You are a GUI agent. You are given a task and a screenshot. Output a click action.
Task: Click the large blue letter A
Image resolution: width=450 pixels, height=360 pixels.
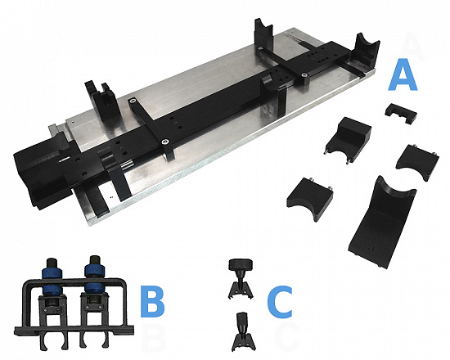(x=403, y=75)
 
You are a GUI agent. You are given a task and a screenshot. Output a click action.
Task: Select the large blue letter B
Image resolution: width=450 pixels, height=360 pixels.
(x=152, y=301)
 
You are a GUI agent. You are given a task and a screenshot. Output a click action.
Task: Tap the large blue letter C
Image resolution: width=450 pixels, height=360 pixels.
(x=280, y=302)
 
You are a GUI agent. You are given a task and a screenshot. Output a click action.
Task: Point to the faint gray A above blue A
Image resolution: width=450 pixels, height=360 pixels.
(x=412, y=46)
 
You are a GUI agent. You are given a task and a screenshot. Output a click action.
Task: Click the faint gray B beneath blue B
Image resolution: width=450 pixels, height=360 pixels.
(x=154, y=338)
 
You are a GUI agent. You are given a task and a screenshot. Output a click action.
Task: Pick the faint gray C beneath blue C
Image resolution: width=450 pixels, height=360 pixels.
(x=287, y=338)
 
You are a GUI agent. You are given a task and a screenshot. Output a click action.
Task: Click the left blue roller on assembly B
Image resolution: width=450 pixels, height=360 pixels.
(x=52, y=281)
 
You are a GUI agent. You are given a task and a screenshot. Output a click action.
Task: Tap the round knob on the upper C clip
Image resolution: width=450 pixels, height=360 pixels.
(x=241, y=264)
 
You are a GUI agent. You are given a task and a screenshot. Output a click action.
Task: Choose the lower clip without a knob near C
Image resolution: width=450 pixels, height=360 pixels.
(x=243, y=332)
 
